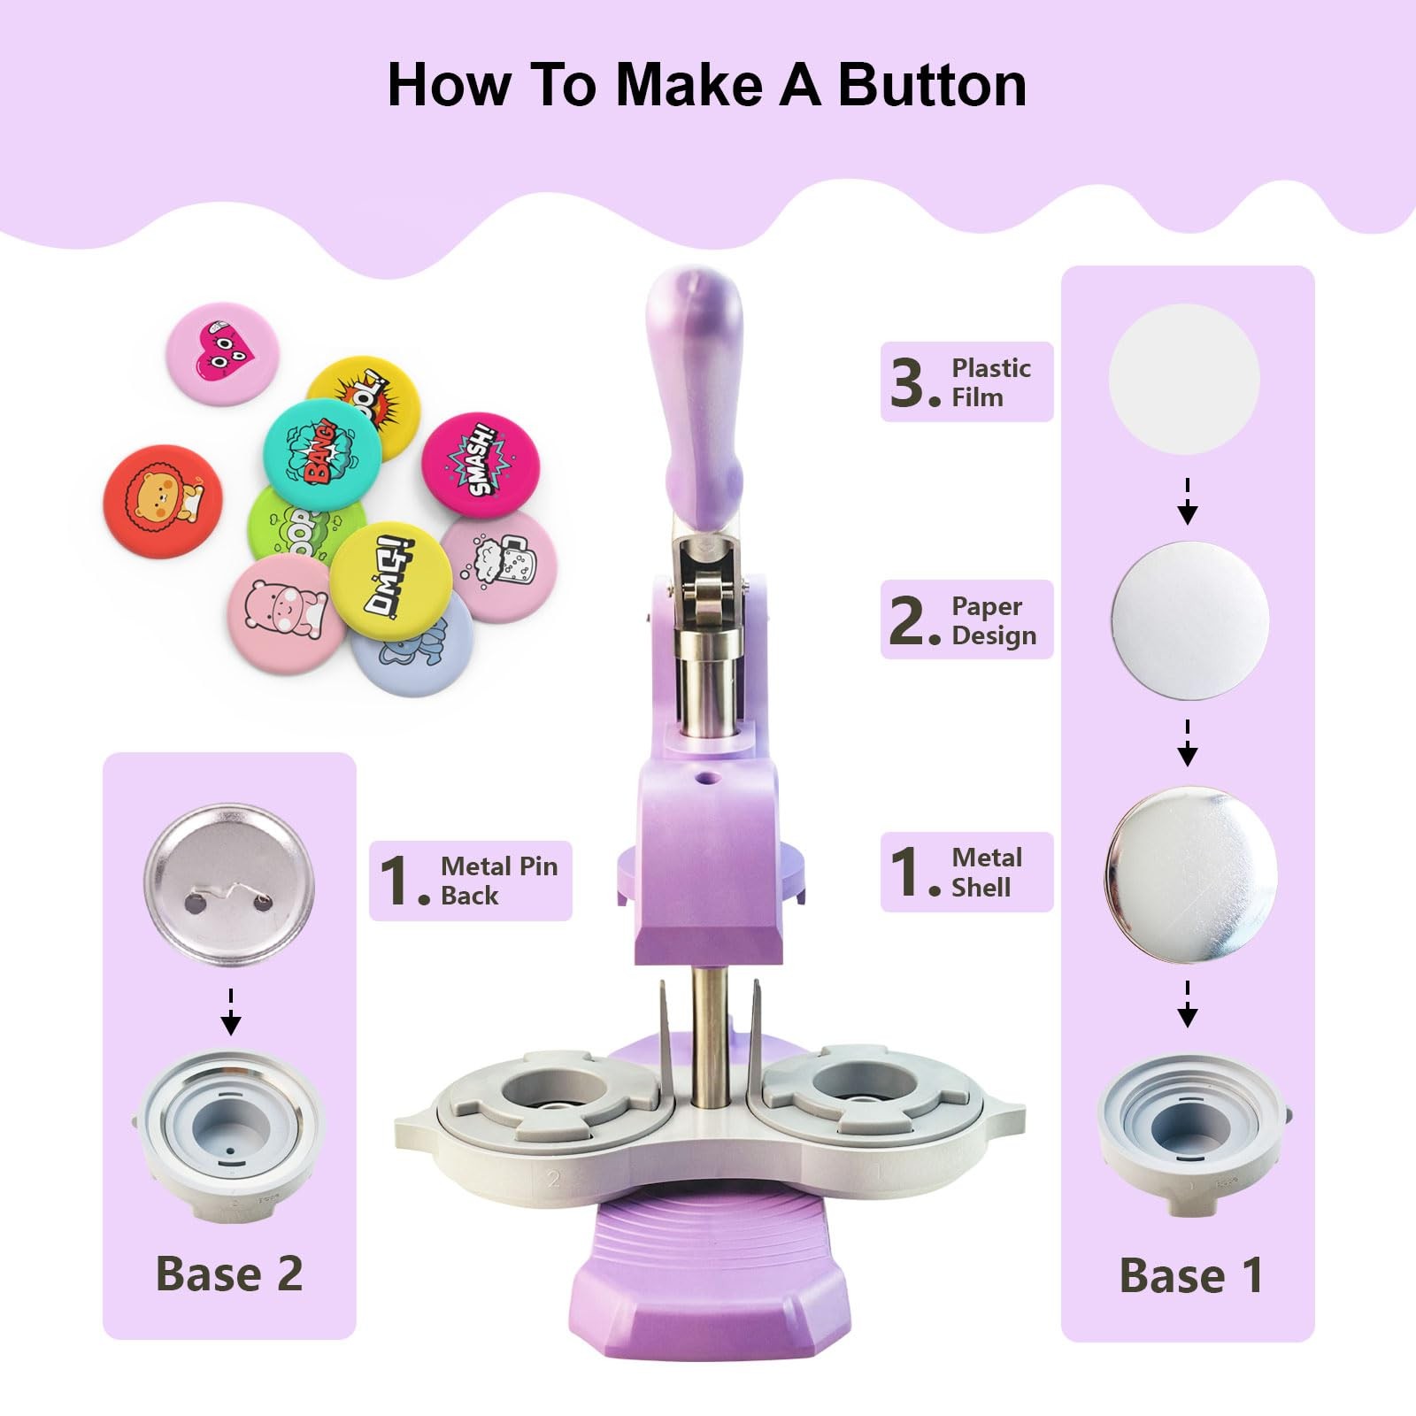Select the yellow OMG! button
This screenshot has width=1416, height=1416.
click(x=391, y=581)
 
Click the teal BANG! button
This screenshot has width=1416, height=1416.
click(x=322, y=454)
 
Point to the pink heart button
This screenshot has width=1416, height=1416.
click(x=223, y=353)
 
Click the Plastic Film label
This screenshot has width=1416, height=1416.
click(x=966, y=381)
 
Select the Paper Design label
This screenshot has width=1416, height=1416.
click(x=966, y=619)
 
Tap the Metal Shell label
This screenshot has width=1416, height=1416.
click(x=966, y=872)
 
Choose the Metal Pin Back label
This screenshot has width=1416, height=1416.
click(x=470, y=881)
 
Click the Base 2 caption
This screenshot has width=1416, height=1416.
click(x=229, y=1274)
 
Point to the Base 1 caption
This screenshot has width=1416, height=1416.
click(x=1190, y=1275)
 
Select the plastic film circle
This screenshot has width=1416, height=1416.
click(x=1184, y=379)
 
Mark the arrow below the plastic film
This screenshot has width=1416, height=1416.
click(x=1188, y=502)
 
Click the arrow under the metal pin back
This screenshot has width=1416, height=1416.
click(x=231, y=1012)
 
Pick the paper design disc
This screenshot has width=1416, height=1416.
click(x=1189, y=620)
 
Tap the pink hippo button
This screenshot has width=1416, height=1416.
click(x=287, y=612)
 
